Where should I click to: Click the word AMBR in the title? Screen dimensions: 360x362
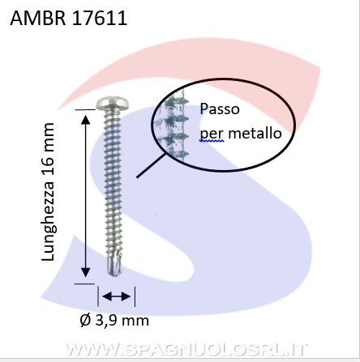(x=38, y=18)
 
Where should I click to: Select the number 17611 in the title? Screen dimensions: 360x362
(x=100, y=18)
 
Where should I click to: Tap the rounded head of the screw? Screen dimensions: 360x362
(x=113, y=103)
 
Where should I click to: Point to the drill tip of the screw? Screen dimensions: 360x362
(x=114, y=266)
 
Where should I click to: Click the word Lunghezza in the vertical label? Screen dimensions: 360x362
(x=48, y=221)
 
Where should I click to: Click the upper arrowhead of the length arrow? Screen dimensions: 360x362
(x=86, y=120)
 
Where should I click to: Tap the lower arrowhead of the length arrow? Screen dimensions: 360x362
(x=86, y=272)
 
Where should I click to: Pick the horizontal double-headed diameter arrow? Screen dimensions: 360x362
(x=117, y=296)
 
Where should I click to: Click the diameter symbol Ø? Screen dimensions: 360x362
(x=85, y=321)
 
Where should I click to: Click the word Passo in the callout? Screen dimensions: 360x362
(x=220, y=109)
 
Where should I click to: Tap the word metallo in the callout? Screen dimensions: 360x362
(x=255, y=134)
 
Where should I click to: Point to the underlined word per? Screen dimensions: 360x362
(x=212, y=134)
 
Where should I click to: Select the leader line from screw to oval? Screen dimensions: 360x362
(x=151, y=165)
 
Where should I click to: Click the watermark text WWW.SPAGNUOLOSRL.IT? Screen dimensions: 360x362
(x=186, y=350)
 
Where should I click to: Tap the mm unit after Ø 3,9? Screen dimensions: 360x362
(x=135, y=321)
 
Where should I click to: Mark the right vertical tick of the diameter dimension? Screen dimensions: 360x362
(x=135, y=296)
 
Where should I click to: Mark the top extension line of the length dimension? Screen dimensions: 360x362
(x=85, y=109)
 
